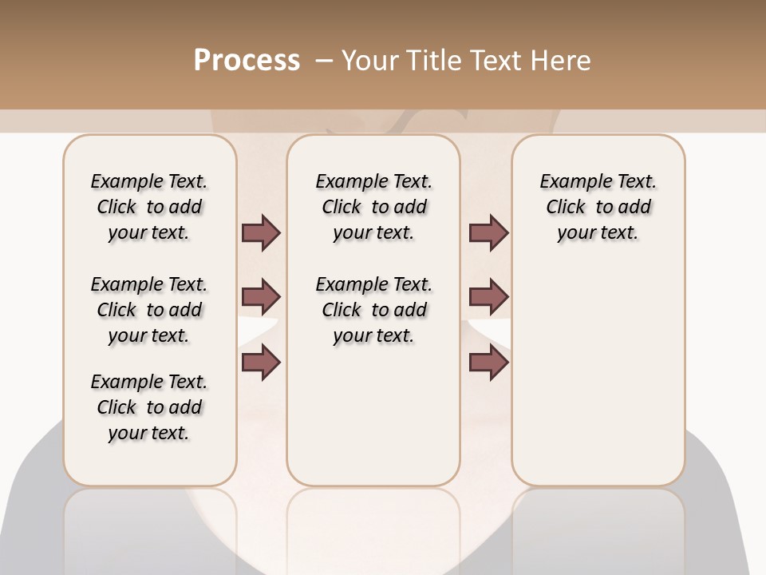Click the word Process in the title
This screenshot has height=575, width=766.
click(247, 61)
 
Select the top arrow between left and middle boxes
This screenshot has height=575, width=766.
click(261, 232)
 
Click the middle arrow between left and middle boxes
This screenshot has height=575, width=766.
click(261, 297)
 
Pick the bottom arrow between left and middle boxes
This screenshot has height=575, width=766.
click(261, 362)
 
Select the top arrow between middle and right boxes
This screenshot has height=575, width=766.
click(488, 232)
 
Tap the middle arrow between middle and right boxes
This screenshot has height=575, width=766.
click(488, 297)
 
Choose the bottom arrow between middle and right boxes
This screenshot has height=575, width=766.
click(488, 362)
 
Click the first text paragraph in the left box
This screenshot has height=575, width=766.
click(149, 207)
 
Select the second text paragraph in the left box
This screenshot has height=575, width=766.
click(149, 310)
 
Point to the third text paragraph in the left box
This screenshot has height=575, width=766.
click(149, 407)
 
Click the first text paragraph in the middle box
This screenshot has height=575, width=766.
click(373, 207)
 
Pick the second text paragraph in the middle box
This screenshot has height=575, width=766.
click(373, 310)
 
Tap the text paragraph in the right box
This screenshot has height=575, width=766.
click(598, 207)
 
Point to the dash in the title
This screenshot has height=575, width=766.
click(323, 61)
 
